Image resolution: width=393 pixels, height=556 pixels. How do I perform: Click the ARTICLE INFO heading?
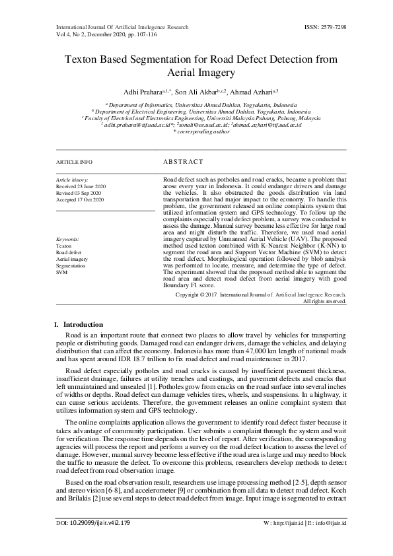click(74, 162)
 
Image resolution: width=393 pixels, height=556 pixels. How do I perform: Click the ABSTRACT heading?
click(183, 162)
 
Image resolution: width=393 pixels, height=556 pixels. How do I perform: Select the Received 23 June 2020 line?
click(81, 186)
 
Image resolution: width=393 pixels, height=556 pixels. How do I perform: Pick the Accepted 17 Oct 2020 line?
click(80, 199)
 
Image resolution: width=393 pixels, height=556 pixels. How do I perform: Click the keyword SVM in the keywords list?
click(61, 271)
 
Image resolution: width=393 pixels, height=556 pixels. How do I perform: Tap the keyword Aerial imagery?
click(71, 260)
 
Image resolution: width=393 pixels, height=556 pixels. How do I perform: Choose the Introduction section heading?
click(83, 324)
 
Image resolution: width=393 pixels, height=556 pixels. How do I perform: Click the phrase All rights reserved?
click(324, 301)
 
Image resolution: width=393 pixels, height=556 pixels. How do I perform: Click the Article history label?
click(72, 180)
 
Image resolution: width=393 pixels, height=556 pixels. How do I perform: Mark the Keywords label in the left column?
click(68, 238)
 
